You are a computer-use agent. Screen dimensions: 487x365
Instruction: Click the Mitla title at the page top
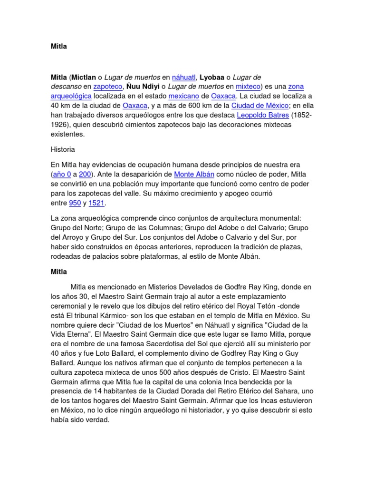[x=59, y=47]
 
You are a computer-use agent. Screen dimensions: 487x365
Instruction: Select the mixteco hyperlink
[x=248, y=87]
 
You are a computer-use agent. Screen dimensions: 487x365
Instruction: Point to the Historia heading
[x=63, y=149]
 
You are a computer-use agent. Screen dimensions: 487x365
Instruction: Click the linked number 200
[x=85, y=175]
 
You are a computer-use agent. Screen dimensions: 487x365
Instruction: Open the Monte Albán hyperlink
[x=194, y=175]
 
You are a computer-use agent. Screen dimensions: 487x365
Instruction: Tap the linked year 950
[x=75, y=203]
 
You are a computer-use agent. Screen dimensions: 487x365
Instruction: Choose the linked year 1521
[x=96, y=203]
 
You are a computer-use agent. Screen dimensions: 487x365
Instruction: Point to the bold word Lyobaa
[x=211, y=77]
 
